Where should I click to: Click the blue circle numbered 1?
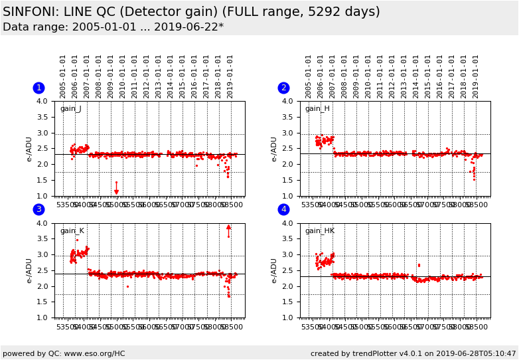(38, 88)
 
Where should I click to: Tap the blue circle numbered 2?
(283, 88)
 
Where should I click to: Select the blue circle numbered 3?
(38, 210)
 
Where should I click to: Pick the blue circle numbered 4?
(283, 210)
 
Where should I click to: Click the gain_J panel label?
(70, 109)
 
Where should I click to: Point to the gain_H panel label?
(317, 109)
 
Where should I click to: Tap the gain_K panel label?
(72, 231)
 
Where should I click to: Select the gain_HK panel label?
(319, 231)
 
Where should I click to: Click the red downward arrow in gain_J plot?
(116, 191)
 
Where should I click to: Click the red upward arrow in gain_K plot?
(228, 227)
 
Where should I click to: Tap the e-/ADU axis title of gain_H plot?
(274, 149)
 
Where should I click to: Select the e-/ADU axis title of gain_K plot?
(29, 271)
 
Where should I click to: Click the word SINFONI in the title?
(31, 12)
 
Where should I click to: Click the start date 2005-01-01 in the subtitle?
(94, 27)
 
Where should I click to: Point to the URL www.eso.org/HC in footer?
(90, 353)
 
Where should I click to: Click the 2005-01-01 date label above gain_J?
(63, 76)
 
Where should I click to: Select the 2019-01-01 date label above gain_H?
(475, 76)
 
